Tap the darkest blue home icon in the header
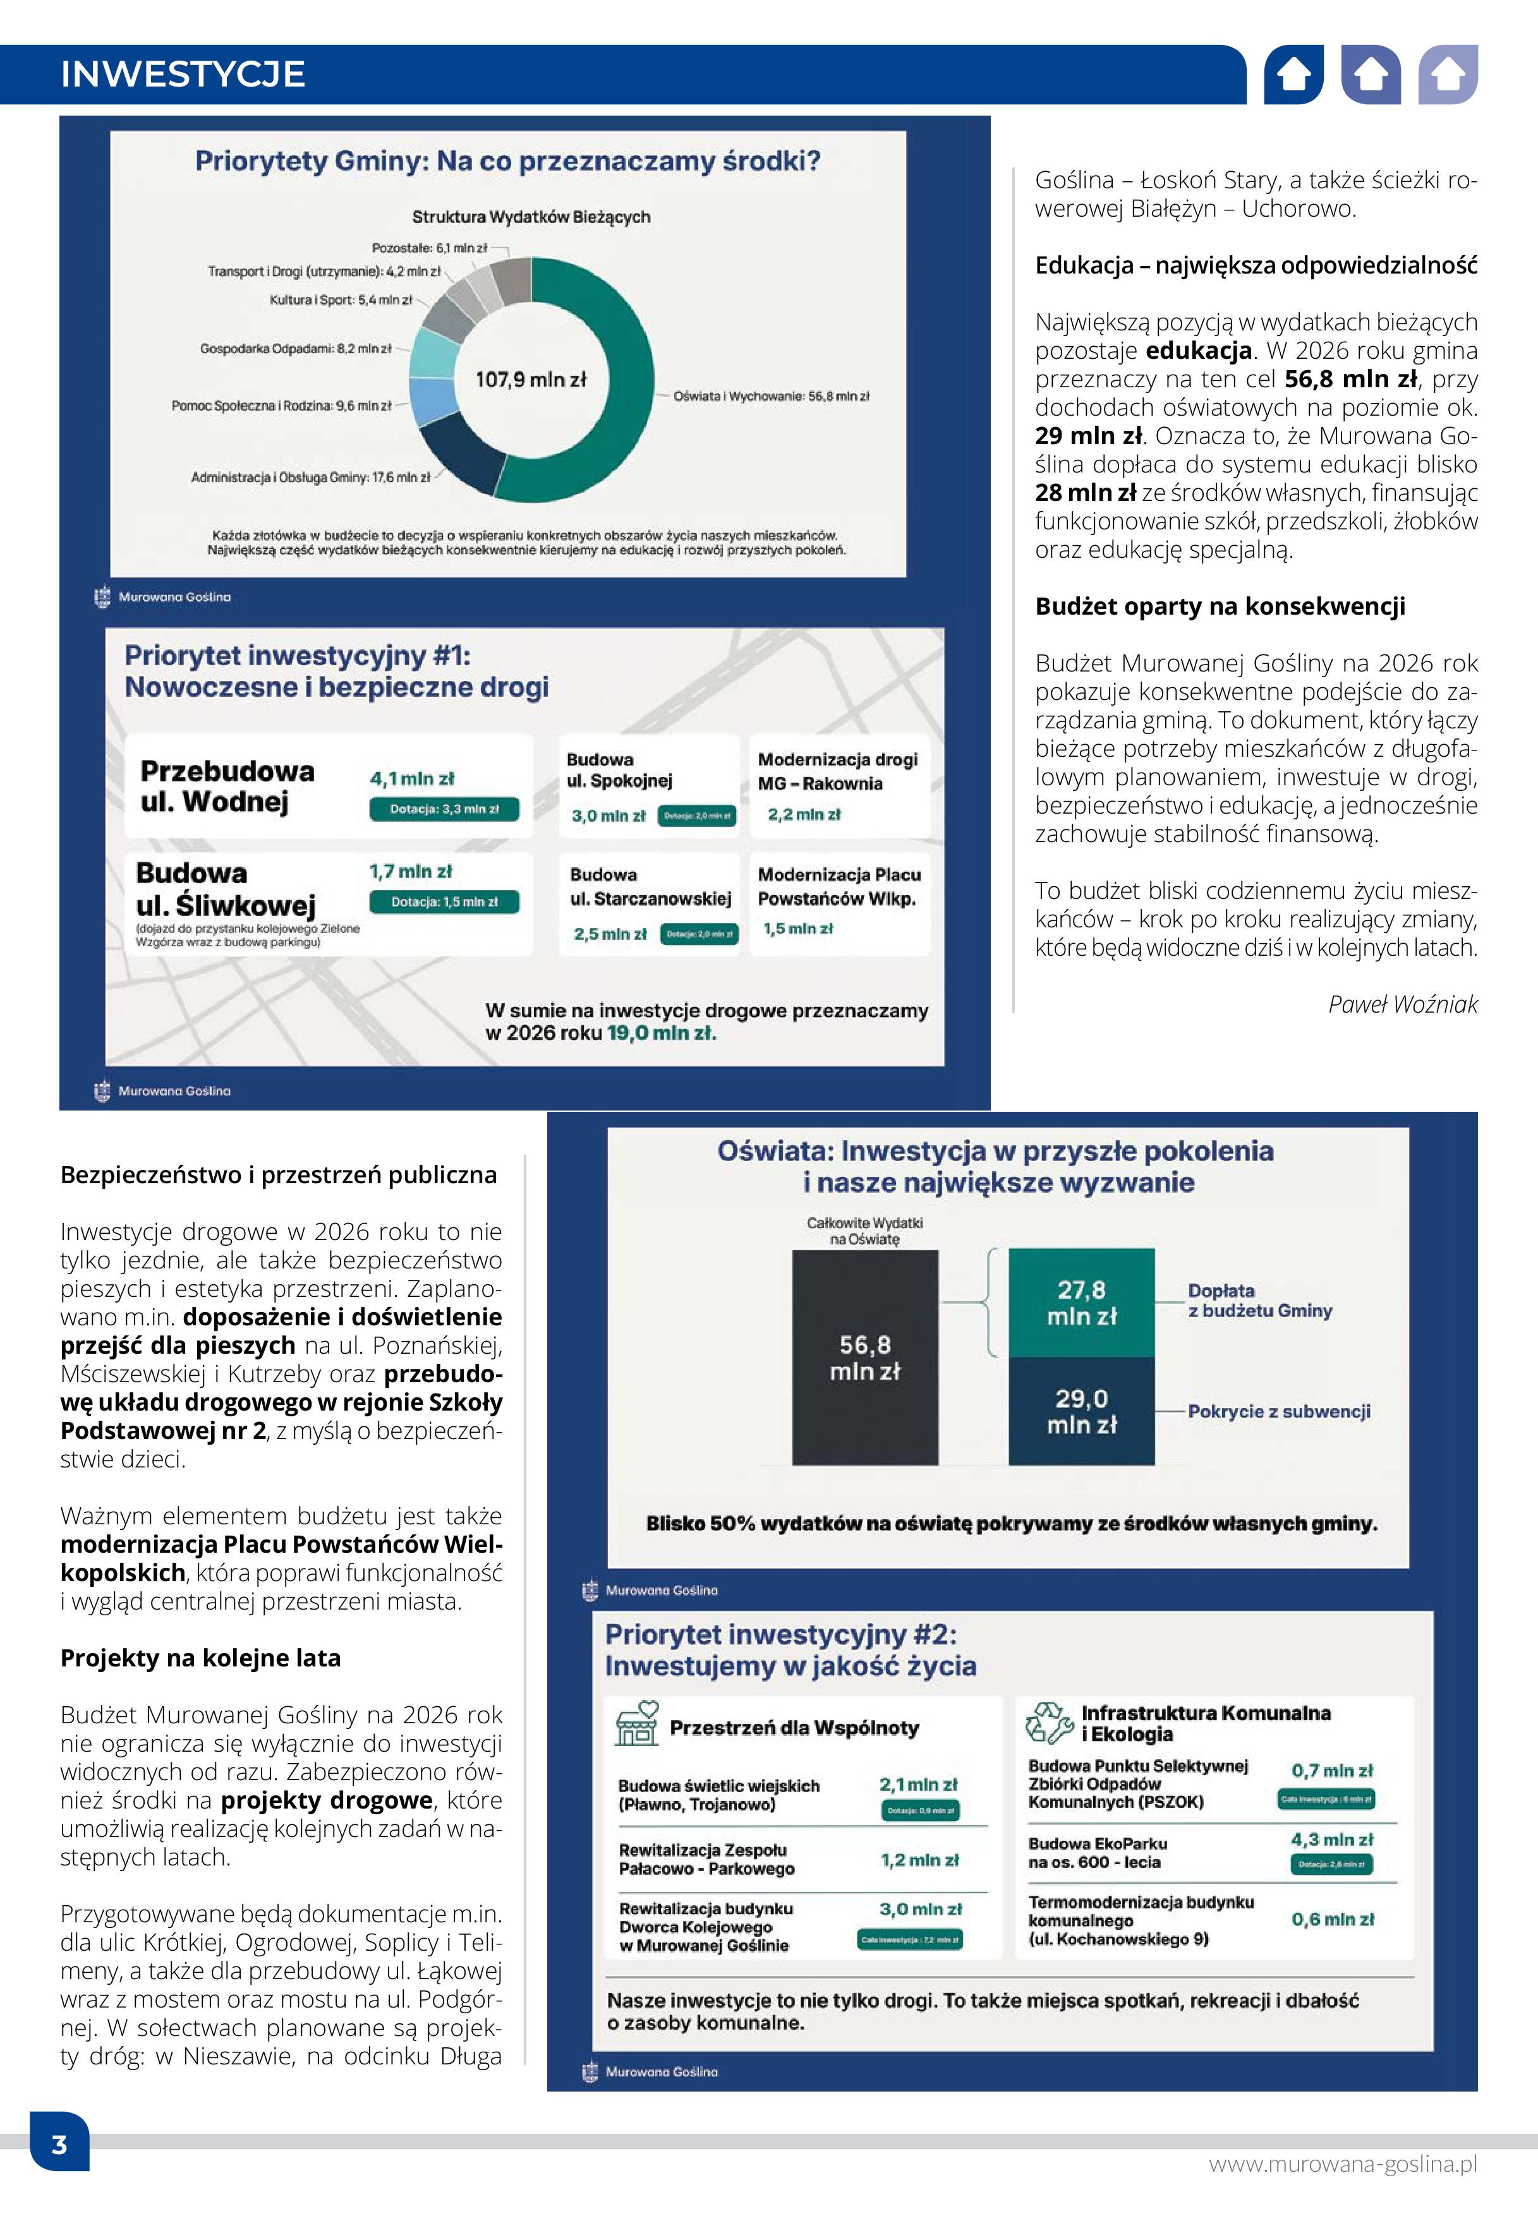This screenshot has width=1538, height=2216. click(1293, 74)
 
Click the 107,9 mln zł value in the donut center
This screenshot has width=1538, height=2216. click(530, 380)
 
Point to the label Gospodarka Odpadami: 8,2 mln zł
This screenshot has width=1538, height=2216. click(296, 349)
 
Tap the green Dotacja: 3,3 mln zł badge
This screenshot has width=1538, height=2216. click(444, 809)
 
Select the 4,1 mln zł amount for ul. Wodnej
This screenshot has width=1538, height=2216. click(411, 778)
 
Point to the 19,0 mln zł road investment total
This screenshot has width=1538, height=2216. click(661, 1033)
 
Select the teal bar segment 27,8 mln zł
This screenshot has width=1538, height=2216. click(1081, 1303)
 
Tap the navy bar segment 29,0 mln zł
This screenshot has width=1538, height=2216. click(1081, 1411)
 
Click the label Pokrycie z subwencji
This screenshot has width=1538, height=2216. click(1279, 1411)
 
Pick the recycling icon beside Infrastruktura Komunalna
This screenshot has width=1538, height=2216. click(1048, 1723)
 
